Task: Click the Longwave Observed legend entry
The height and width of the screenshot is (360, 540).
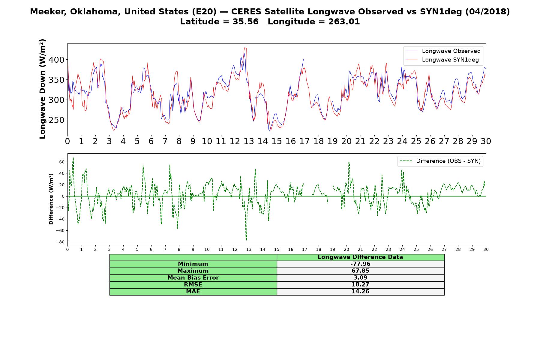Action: point(443,51)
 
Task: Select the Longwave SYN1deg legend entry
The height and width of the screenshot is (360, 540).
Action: point(442,60)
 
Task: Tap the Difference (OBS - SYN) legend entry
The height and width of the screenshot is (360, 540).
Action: point(440,161)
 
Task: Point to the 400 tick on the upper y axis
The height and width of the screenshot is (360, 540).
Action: point(57,60)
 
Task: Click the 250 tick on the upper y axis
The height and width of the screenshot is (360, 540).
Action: point(57,120)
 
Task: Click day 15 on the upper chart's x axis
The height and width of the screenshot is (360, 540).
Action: point(277,141)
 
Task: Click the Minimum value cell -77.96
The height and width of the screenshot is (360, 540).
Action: point(360,264)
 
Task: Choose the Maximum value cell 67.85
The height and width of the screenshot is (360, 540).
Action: point(360,271)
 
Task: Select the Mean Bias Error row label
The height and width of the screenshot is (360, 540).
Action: point(193,278)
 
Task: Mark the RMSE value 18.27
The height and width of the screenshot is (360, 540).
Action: point(360,285)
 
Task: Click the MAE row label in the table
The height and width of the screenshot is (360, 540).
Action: point(193,292)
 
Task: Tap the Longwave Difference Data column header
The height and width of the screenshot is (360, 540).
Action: point(360,257)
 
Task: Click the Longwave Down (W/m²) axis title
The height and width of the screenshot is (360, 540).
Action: point(42,89)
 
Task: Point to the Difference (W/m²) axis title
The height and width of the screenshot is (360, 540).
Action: point(51,199)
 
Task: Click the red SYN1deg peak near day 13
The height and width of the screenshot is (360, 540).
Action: point(245,47)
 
